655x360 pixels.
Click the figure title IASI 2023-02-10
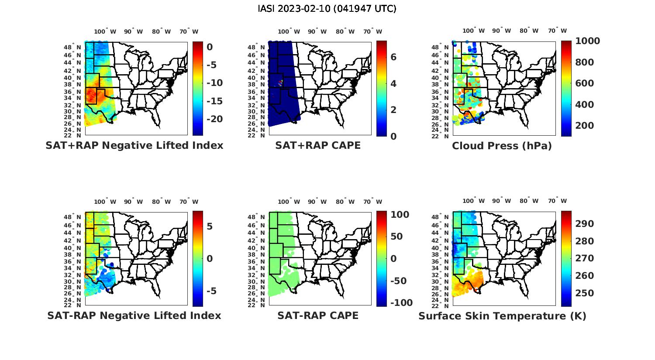point(327,9)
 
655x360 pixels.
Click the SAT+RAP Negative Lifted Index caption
point(134,145)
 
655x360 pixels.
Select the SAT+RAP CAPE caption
point(318,145)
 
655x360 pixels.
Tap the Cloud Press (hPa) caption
point(502,146)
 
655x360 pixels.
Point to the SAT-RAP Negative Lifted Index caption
point(134,315)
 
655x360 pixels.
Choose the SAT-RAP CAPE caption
point(318,315)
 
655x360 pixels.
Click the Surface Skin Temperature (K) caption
point(502,316)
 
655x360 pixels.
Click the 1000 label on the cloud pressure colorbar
point(587,41)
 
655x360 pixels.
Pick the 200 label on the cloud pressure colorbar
point(585,126)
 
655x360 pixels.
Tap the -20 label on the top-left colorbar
point(211,119)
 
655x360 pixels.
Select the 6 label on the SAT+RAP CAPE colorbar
point(393,57)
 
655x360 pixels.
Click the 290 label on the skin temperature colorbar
point(585,224)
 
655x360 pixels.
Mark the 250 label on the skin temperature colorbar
point(585,293)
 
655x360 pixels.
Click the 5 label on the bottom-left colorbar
point(210,226)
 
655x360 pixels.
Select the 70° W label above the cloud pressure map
point(557,31)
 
